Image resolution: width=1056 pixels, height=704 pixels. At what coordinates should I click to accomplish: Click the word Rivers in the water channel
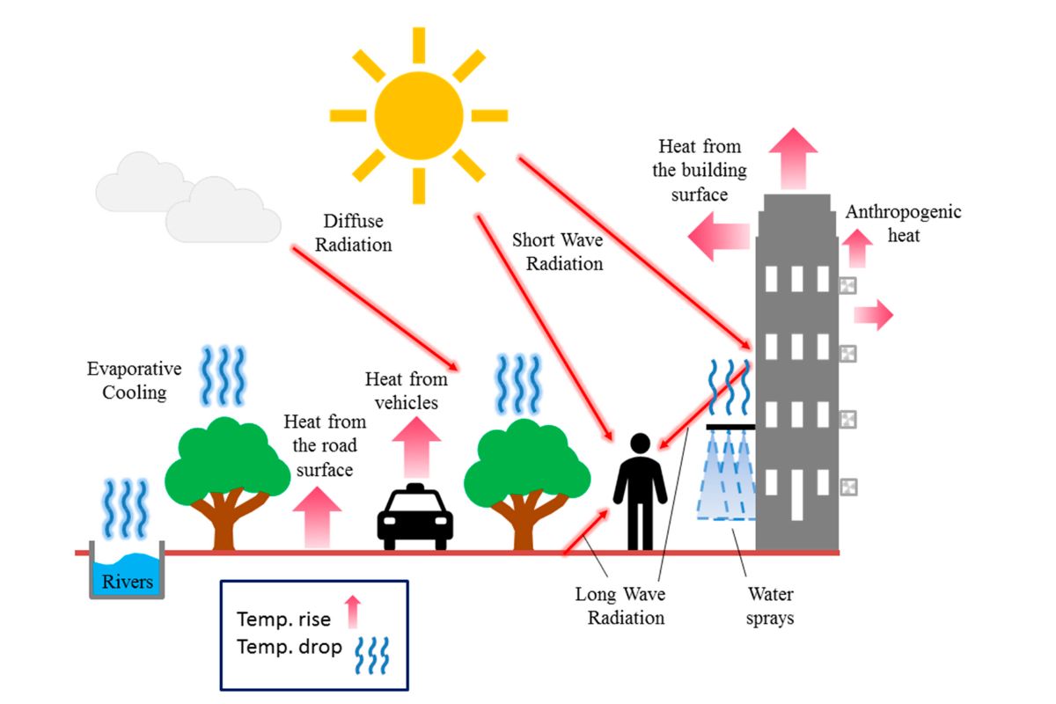tap(128, 582)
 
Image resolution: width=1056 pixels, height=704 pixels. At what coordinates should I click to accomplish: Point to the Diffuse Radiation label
tap(352, 232)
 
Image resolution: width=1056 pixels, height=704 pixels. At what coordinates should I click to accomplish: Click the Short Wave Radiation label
tap(558, 251)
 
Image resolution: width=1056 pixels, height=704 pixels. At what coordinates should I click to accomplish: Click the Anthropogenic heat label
tap(903, 224)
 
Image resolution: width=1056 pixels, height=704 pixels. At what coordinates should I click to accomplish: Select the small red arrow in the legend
tap(353, 612)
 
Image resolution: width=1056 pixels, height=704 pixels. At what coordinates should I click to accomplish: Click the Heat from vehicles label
tap(407, 390)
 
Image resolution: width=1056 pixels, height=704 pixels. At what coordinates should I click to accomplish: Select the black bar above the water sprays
tap(730, 428)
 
